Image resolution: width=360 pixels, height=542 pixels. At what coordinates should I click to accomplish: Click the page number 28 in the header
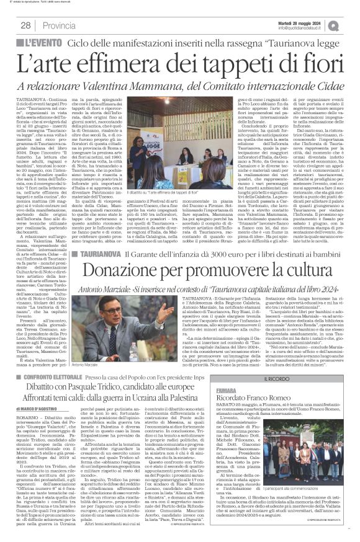(25, 25)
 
